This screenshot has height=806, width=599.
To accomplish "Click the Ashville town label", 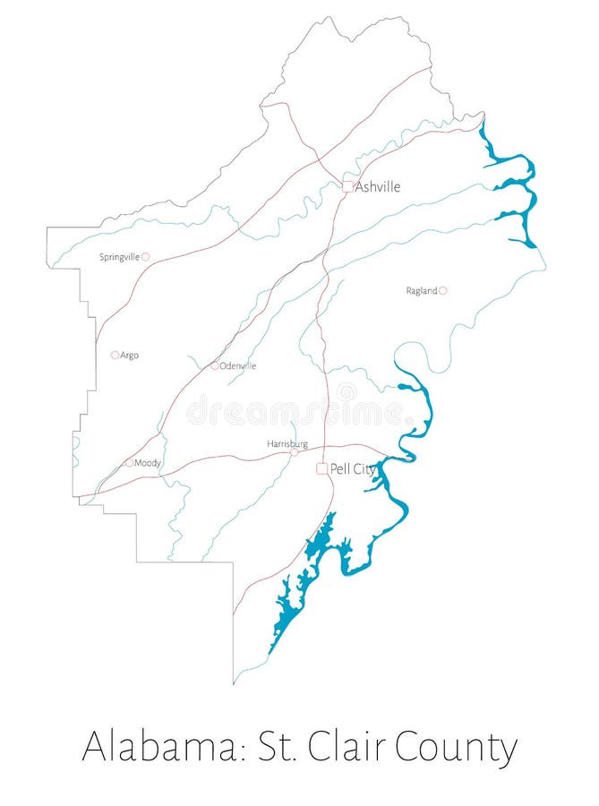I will coord(378,186).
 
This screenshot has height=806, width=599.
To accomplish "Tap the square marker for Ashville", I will coord(347,186).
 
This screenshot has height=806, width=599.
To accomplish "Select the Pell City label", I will coord(353,468).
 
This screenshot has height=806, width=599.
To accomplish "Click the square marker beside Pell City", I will coord(321,468).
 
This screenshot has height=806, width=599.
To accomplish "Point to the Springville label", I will coord(119,257).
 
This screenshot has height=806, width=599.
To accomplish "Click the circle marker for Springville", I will coord(145,257).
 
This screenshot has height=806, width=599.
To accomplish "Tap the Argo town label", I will coord(129,356).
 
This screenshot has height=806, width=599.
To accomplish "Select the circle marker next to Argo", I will coord(115,356).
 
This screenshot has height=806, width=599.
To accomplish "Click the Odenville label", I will coord(238,366).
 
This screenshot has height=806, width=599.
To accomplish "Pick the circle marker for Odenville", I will coord(215,365).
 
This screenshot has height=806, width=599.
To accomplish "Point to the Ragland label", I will coord(421,291).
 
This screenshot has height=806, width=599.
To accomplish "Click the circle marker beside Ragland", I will coord(442,290).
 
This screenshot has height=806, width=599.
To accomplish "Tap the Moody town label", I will coord(148,463).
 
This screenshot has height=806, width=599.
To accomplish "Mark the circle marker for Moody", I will coord(130,463).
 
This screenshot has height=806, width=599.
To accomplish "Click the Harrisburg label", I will coord(287,444).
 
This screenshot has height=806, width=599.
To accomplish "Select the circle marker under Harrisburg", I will coord(294,453).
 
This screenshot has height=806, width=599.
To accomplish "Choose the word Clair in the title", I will coord(349,747).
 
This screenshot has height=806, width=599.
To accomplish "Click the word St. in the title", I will coord(275,747).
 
